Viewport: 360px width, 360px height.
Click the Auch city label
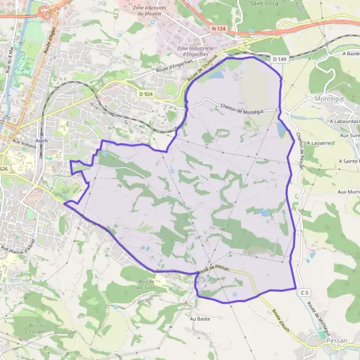[x=41, y=140]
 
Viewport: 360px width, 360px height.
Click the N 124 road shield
[x=218, y=28]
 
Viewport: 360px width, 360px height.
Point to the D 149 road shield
[x=279, y=59]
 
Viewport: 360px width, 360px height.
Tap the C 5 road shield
[x=305, y=292]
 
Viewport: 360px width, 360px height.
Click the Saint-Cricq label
[x=262, y=3]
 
